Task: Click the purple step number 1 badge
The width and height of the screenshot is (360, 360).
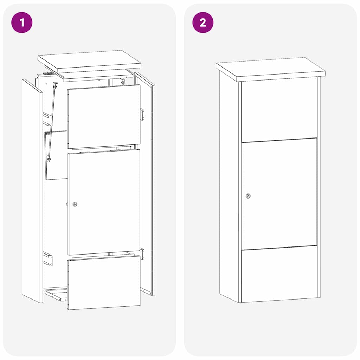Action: pyautogui.click(x=22, y=22)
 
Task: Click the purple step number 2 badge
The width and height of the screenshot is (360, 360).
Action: pyautogui.click(x=203, y=22)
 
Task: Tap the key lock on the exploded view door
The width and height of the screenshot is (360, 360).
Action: pyautogui.click(x=75, y=204)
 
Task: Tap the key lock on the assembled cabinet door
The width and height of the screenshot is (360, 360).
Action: pyautogui.click(x=248, y=196)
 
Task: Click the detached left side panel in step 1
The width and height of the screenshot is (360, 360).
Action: pyautogui.click(x=32, y=190)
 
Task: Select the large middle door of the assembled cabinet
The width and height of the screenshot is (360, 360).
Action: pyautogui.click(x=279, y=193)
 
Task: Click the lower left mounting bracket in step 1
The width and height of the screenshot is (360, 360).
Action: pyautogui.click(x=47, y=258)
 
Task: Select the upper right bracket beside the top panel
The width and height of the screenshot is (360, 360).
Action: pyautogui.click(x=142, y=114)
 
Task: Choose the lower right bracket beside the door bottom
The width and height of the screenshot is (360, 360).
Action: pyautogui.click(x=142, y=253)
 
